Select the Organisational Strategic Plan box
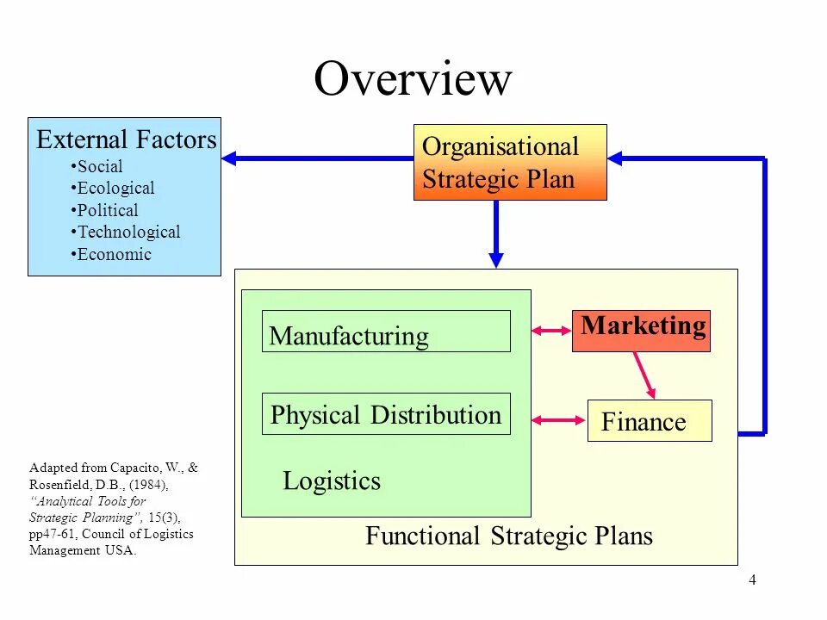click(510, 162)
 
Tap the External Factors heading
click(126, 139)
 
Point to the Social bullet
click(99, 166)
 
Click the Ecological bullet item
click(115, 188)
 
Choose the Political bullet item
click(107, 210)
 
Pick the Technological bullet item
click(127, 232)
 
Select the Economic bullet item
click(113, 254)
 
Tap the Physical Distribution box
click(386, 414)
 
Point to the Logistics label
click(332, 480)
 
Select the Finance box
click(650, 421)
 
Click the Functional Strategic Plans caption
click(509, 536)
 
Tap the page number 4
click(752, 580)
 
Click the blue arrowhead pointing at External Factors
click(230, 158)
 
